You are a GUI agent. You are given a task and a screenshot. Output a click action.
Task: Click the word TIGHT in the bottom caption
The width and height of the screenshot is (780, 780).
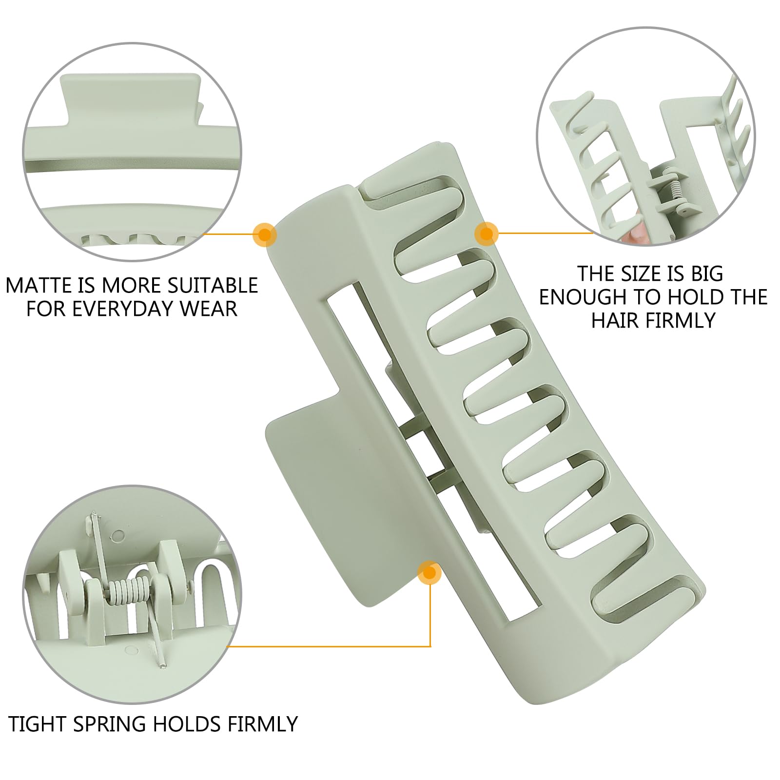click(x=38, y=724)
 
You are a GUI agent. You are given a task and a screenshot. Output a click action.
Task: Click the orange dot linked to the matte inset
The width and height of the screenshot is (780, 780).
click(x=265, y=235)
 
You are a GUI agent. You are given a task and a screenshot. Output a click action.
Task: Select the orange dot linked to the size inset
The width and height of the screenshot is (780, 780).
click(x=486, y=234)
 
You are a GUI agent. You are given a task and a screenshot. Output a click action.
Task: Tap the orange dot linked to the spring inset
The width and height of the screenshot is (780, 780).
click(x=429, y=573)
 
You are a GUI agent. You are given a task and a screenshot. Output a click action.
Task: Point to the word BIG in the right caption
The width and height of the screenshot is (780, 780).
click(x=707, y=274)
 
